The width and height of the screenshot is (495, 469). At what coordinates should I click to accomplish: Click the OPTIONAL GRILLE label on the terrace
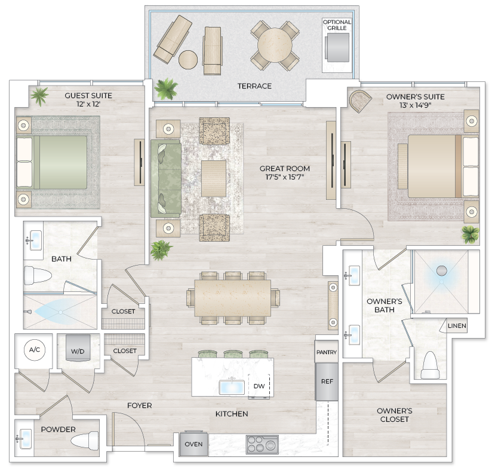(x=337, y=25)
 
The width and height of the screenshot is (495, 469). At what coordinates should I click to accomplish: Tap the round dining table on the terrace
(x=275, y=45)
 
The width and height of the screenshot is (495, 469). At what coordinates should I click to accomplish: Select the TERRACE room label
(x=254, y=86)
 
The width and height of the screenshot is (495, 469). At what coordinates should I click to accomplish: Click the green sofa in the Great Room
(x=165, y=178)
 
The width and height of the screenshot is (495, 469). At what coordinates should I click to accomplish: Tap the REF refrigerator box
(x=327, y=381)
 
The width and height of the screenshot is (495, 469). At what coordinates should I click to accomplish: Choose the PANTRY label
(x=327, y=352)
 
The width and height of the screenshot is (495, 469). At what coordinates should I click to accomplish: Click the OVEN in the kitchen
(x=193, y=444)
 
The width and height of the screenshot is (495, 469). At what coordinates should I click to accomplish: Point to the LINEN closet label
(x=457, y=326)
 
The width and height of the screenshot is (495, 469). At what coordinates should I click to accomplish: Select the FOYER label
(x=139, y=406)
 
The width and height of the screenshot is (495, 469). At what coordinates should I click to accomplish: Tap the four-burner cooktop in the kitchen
(x=262, y=444)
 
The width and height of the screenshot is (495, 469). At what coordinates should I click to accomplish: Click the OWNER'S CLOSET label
(x=395, y=415)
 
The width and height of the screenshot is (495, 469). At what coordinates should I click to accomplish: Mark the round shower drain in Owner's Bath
(x=442, y=270)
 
